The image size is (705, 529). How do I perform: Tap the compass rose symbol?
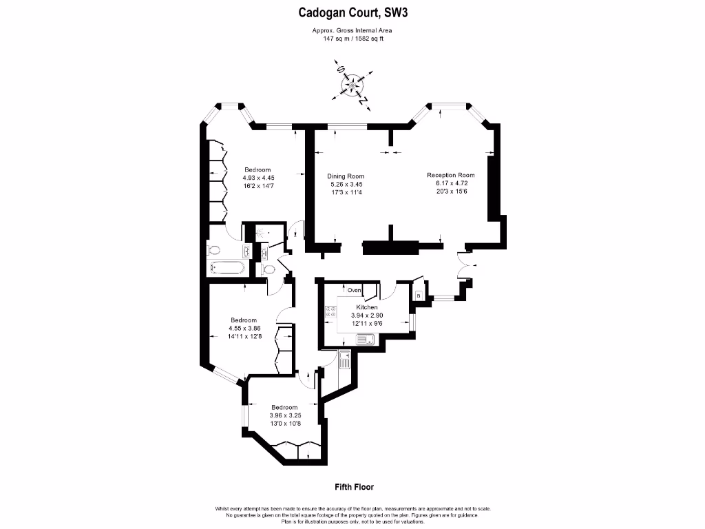click(354, 85)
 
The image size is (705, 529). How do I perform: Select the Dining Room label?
click(345, 176)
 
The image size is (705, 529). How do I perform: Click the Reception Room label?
click(451, 175)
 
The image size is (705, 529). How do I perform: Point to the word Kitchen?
click(366, 307)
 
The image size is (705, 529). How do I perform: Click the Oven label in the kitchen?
click(355, 289)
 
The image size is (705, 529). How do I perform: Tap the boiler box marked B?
click(418, 295)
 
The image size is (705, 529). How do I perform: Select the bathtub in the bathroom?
click(226, 268)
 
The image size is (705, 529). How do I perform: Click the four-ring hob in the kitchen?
click(329, 315)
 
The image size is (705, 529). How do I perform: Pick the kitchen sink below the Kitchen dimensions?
click(365, 338)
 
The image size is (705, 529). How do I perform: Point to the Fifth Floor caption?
click(354, 487)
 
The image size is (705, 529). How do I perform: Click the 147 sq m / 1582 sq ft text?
click(353, 39)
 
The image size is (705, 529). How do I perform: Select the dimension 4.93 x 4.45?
click(258, 178)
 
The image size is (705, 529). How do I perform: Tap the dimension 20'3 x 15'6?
click(451, 191)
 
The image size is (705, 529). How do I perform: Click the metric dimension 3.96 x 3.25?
click(284, 415)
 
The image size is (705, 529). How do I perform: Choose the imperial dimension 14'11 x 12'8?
click(244, 337)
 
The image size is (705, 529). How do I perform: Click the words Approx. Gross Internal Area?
click(353, 30)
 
